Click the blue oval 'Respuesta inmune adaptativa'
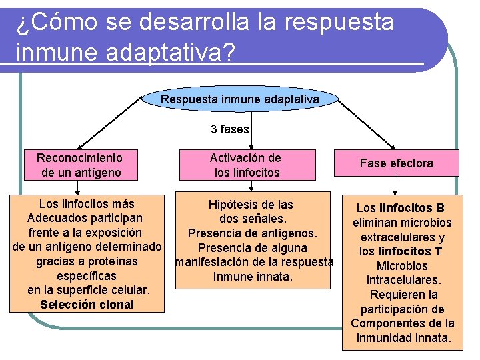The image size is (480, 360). [240, 99]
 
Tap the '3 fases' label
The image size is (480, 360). [230, 129]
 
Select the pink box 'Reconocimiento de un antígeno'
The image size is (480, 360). [79, 165]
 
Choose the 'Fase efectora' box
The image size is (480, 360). [396, 163]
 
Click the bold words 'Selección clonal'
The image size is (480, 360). [87, 305]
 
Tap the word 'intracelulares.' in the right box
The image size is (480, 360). [403, 280]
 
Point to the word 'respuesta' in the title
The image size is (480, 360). [339, 22]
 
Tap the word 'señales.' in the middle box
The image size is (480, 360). [265, 219]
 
